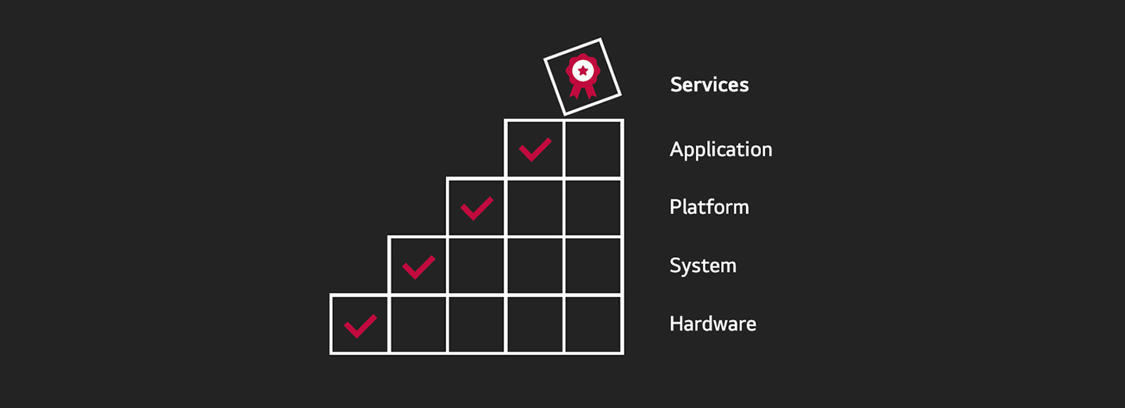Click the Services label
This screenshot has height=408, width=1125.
point(709,84)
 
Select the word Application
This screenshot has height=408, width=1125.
point(720,150)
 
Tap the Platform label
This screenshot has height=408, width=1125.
point(709,207)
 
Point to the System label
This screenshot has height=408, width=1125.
point(702,266)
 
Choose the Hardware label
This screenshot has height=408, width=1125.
point(712,324)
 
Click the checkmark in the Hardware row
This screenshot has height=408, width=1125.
point(360,326)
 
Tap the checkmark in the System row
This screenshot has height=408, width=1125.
point(419,267)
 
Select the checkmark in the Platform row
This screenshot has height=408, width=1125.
point(477,209)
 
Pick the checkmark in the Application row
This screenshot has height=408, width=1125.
point(535,150)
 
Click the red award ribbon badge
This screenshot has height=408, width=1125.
point(583,75)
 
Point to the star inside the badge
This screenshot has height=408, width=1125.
point(583,70)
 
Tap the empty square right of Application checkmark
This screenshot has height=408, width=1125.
point(594,149)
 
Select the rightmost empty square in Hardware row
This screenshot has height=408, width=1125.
point(594,324)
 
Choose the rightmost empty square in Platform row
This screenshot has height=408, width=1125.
point(594,208)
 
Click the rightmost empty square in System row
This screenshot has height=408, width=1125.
point(594,267)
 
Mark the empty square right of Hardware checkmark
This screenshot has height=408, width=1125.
point(418,324)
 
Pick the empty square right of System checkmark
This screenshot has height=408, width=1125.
point(477,267)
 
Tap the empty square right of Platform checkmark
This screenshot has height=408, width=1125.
point(535,208)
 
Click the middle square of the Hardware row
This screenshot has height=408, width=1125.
point(477,324)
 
